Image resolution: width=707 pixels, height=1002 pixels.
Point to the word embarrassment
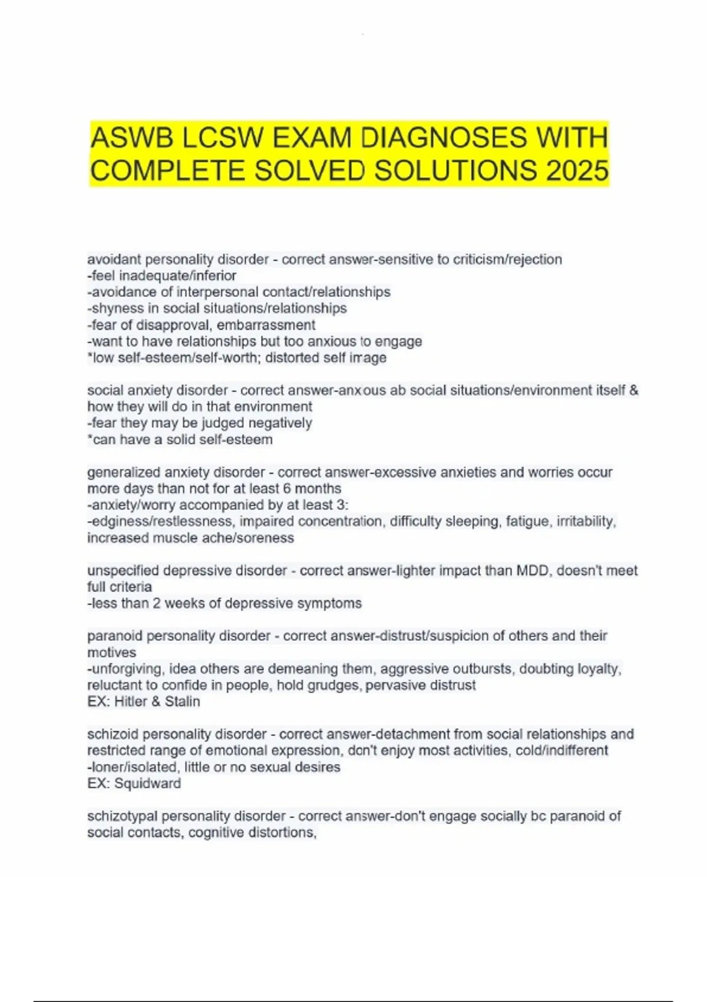pos(266,325)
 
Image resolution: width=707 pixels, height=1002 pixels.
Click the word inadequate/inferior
pos(177,276)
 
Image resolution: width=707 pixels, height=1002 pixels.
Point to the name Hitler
pos(131,701)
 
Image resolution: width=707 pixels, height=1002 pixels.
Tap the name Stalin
pos(182,701)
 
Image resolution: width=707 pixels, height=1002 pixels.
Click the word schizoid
pos(113,734)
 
